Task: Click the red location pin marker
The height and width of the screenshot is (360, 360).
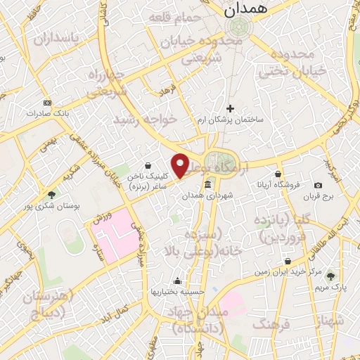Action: click(180, 165)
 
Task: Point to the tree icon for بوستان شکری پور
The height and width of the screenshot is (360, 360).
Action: click(51, 195)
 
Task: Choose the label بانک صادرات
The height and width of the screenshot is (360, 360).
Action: click(46, 112)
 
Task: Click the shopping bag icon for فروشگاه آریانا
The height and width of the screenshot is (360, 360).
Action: click(279, 174)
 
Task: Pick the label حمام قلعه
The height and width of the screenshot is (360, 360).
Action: click(174, 19)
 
